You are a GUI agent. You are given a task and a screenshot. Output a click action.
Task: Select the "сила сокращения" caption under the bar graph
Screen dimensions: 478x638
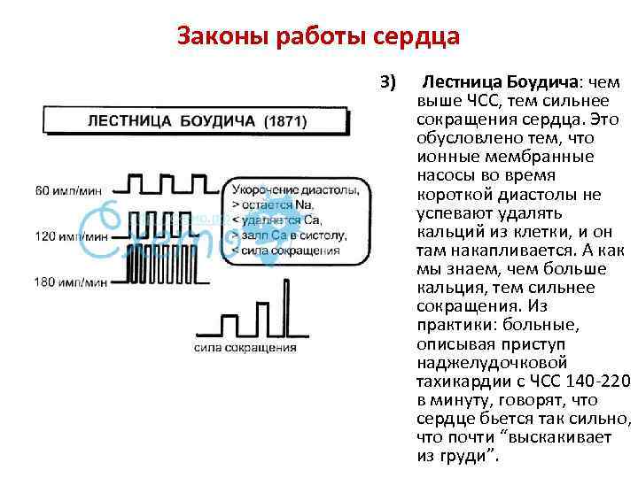[245, 347]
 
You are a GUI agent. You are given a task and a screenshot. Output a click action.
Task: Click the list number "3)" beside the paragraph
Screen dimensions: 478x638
[388, 82]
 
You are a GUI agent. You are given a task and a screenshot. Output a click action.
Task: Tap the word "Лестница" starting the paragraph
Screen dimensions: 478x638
[460, 82]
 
